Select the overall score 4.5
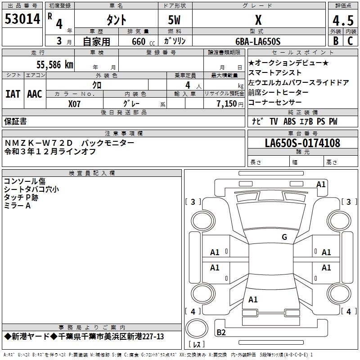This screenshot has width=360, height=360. [342, 20]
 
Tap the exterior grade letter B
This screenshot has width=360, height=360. [335, 41]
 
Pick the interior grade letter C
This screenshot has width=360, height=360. [351, 41]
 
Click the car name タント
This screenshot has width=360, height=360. [116, 20]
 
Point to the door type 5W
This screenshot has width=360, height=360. [175, 20]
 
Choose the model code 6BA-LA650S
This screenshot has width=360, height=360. [258, 41]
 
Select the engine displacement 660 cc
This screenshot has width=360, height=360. [135, 41]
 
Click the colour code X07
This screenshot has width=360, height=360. [75, 103]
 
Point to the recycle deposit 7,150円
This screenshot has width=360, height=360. [230, 103]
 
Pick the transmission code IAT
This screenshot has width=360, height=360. [13, 94]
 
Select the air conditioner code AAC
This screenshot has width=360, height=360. [35, 94]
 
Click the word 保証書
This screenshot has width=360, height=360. [15, 121]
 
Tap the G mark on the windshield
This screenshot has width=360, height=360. [284, 237]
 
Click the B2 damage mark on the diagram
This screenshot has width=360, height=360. [221, 332]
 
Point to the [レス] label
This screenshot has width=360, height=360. [196, 345]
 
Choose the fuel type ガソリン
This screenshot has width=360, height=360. [175, 41]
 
